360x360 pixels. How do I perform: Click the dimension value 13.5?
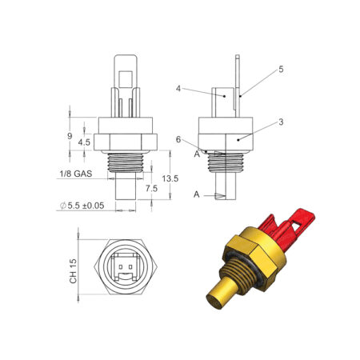(x=170, y=178)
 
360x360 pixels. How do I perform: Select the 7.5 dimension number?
(x=151, y=189)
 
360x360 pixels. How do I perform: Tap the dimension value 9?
(x=70, y=136)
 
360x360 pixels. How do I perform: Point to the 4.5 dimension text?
(x=84, y=142)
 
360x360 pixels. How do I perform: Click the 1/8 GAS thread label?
(x=76, y=174)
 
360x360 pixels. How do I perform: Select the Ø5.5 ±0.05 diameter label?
(x=82, y=206)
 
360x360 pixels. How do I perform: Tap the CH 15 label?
(x=73, y=271)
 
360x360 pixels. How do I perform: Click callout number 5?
(x=281, y=70)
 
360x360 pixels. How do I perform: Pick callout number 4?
(x=178, y=88)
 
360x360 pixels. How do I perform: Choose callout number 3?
(x=281, y=122)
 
